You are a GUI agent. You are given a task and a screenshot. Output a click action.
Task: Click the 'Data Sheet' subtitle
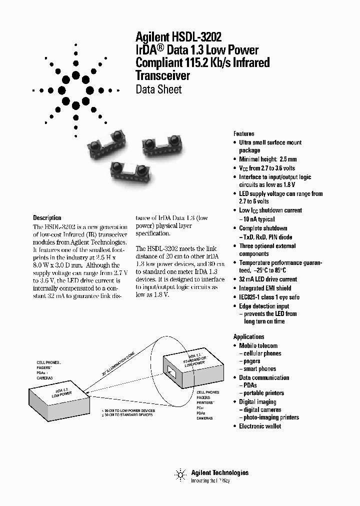[158, 90]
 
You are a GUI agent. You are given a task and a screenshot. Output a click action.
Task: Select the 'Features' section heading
[243, 133]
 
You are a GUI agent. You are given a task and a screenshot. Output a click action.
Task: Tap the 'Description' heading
[47, 217]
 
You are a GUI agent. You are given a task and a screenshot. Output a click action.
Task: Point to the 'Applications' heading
[248, 336]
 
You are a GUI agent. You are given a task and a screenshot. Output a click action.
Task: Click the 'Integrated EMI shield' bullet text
[265, 288]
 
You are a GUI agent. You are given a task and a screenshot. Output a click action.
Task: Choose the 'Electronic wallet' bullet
[260, 426]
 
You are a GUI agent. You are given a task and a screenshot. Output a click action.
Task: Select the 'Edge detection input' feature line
[264, 306]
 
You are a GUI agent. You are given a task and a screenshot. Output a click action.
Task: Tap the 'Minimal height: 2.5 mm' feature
[267, 159]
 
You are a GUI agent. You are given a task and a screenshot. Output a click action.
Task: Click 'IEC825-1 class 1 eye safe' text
[269, 297]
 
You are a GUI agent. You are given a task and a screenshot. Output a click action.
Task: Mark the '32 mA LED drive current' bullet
[268, 279]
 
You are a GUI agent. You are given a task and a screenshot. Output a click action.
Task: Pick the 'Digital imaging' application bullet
[257, 401]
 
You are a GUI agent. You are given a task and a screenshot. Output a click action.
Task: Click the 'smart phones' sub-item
[260, 369]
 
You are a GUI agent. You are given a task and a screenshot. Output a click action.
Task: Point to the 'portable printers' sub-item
[264, 393]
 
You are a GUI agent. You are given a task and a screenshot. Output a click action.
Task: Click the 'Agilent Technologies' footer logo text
[219, 472]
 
